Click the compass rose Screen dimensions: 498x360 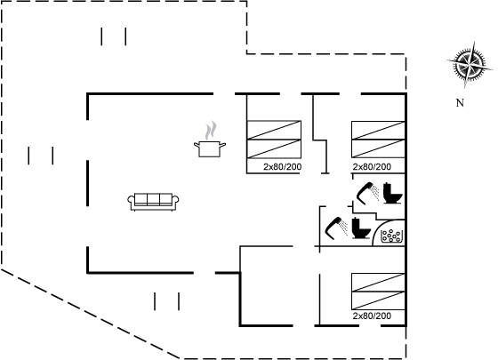tap(470, 65)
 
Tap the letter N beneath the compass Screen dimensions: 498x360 tap(460, 103)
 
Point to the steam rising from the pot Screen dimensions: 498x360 tap(211, 130)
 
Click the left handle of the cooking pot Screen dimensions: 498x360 tap(197, 145)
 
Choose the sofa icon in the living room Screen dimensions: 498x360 tap(153, 202)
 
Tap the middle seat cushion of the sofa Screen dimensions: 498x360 tap(153, 199)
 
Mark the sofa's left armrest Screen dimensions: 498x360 tap(131, 201)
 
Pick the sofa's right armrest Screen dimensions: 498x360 tap(175, 201)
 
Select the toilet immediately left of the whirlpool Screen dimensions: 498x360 tap(361, 228)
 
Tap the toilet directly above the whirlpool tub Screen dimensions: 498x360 tap(392, 193)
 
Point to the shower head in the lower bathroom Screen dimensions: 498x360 tap(336, 227)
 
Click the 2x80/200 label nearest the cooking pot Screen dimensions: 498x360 tap(283, 167)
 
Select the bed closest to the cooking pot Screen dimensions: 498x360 tap(274, 140)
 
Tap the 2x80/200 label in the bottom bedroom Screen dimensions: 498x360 tap(372, 316)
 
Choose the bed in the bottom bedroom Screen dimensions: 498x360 tap(378, 292)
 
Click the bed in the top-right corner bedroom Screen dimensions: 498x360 tap(378, 140)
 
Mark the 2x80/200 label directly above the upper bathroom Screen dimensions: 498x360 tap(372, 167)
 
